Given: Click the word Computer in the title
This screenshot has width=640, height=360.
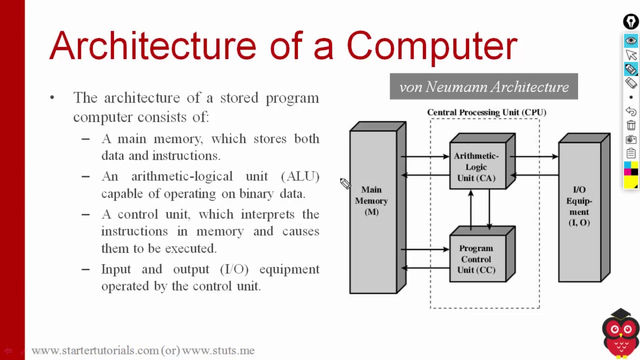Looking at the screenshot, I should pos(431,46).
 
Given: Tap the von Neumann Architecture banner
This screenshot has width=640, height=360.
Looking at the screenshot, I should pos(483,87).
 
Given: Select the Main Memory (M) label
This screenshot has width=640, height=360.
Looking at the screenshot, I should pos(371,200).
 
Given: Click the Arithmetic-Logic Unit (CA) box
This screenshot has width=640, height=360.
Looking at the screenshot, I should pos(476,167).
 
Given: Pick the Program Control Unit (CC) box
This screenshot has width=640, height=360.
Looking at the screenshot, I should pos(476,259).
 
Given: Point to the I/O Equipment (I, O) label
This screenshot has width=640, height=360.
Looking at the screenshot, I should pos(578,206).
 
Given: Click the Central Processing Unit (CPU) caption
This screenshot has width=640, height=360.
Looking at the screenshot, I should pos(486,112).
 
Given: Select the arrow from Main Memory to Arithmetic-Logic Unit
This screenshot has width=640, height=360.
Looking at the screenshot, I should pos(425,157).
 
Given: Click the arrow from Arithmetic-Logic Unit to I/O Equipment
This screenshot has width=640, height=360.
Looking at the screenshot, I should pos(534,157).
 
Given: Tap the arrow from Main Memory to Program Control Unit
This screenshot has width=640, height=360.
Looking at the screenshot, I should pos(425,249).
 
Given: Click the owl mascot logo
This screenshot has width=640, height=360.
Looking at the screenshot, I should pos(620,332).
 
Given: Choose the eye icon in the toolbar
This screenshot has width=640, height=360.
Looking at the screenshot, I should pos(630,40).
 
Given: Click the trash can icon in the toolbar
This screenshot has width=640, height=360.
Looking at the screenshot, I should pos(630,125).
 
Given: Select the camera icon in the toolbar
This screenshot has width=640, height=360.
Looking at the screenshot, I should pos(630,139).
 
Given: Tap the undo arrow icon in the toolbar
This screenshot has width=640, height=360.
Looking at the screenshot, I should pos(630,111).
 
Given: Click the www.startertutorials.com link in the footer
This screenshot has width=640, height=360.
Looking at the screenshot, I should pos(95,350).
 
